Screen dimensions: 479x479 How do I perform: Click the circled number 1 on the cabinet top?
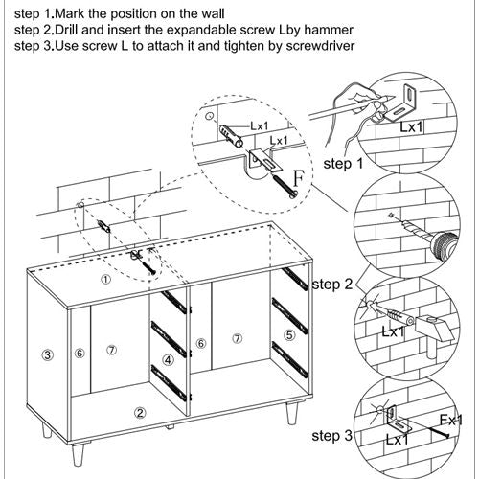click(106, 280)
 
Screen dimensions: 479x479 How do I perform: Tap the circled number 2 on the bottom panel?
click(140, 413)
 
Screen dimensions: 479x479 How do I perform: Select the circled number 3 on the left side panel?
click(47, 354)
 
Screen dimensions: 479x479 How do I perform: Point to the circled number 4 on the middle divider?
click(169, 360)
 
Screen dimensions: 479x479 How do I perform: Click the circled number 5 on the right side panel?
click(289, 335)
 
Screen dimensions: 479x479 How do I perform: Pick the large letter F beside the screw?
click(299, 178)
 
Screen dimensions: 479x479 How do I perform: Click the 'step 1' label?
click(343, 164)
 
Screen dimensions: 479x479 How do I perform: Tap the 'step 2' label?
click(332, 284)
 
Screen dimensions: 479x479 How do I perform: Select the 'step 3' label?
click(332, 436)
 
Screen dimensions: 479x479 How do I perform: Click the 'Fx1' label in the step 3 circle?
click(450, 420)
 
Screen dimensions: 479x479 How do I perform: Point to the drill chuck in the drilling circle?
click(445, 246)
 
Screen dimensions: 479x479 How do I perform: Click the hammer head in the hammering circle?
click(435, 330)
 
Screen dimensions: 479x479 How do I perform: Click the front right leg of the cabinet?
click(291, 413)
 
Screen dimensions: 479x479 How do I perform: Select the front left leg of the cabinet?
click(78, 454)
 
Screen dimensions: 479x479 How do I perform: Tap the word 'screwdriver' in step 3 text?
click(320, 46)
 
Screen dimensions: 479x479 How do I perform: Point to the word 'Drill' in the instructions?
click(67, 30)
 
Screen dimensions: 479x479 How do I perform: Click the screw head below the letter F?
click(294, 194)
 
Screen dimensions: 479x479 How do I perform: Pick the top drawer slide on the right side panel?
click(294, 279)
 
